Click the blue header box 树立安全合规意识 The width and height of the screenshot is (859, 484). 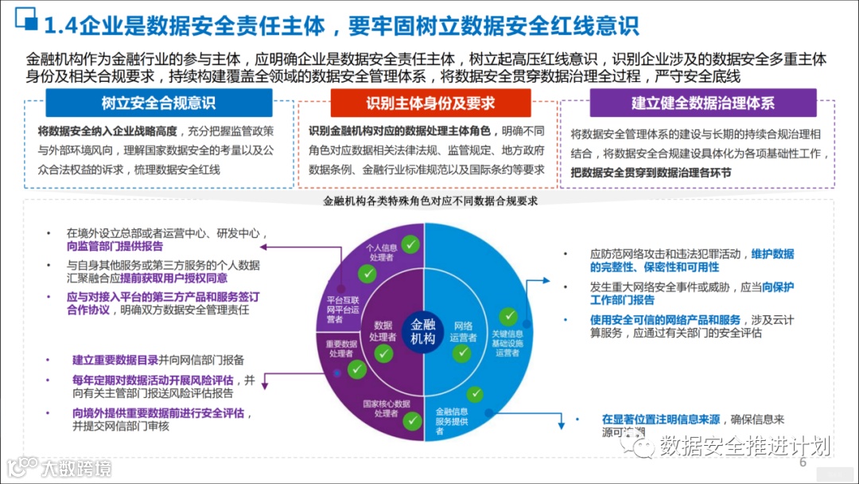[x=158, y=103]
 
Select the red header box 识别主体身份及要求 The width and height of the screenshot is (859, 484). [x=430, y=103]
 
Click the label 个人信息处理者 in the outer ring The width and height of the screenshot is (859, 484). [x=381, y=252]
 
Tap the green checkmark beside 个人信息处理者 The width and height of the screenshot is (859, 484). [x=410, y=244]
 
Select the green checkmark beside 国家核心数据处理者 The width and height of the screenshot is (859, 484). [x=411, y=421]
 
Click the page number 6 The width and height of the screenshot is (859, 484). [x=803, y=463]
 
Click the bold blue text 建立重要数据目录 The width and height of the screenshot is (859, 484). [x=115, y=359]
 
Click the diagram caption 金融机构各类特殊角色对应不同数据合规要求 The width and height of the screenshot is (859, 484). [x=430, y=201]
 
